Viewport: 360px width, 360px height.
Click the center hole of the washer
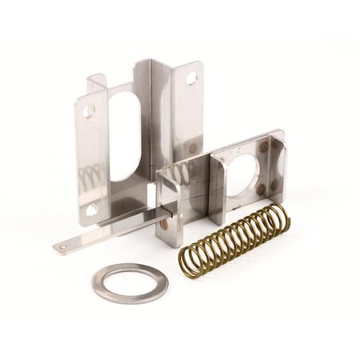coord(130,282)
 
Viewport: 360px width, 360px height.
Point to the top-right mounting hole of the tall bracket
coord(192,78)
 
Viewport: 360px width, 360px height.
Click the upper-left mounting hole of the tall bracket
coord(87,110)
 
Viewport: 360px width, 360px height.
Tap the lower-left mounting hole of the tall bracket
coord(92,210)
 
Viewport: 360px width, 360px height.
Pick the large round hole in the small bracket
coord(243,171)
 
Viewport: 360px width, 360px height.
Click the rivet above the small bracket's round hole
coord(263,147)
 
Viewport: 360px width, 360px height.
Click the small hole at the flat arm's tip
coord(62,248)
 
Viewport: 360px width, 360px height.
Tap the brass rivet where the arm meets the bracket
coord(165,226)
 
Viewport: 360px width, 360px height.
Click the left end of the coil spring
coord(185,264)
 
